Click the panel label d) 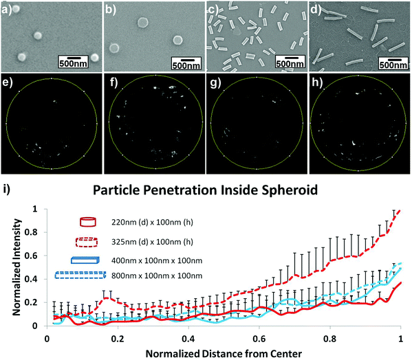pos(316,9)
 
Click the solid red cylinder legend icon pos(88,221)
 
